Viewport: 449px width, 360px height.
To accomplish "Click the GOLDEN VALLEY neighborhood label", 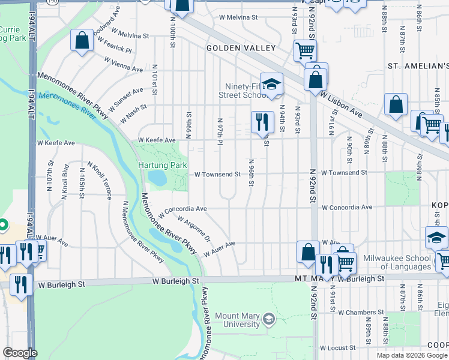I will pos(241,48).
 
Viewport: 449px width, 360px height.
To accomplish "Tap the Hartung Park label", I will pos(164,165).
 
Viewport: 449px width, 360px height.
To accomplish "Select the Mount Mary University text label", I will pos(237,320).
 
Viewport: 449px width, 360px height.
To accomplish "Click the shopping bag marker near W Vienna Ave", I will pos(82,41).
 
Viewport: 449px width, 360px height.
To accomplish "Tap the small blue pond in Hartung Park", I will pos(157,178).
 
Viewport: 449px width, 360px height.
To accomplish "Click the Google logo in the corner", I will pos(20,353).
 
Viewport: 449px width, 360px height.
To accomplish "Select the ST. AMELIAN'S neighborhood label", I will pos(418,65).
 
